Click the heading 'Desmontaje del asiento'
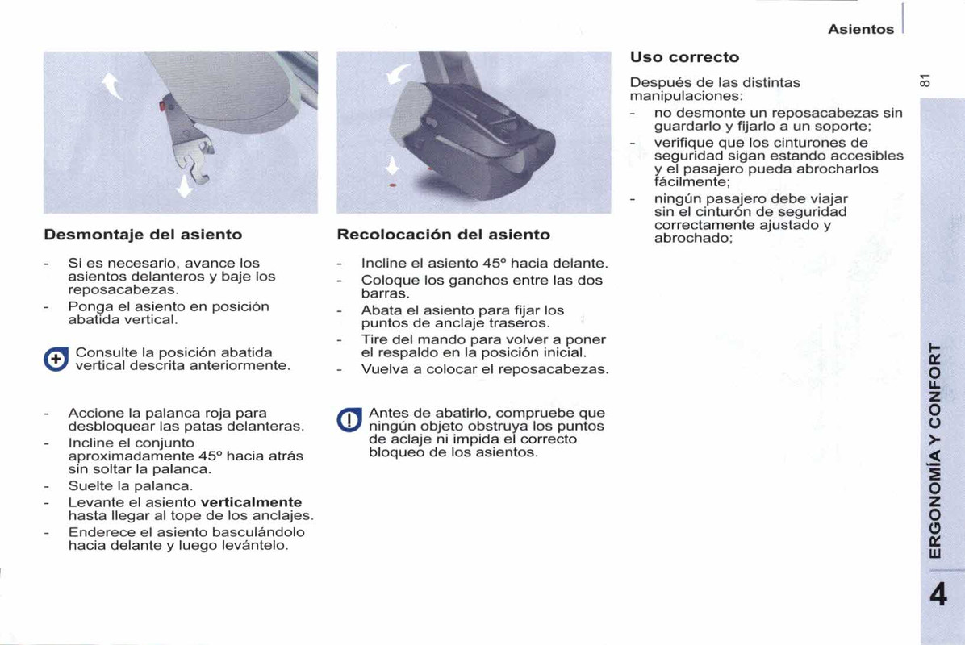[143, 235]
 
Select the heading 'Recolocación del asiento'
[443, 235]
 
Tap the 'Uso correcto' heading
[684, 57]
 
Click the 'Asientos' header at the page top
[861, 30]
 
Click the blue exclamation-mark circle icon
[349, 421]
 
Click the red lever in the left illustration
[165, 105]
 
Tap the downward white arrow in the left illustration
[185, 187]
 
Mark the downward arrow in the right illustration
[393, 166]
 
